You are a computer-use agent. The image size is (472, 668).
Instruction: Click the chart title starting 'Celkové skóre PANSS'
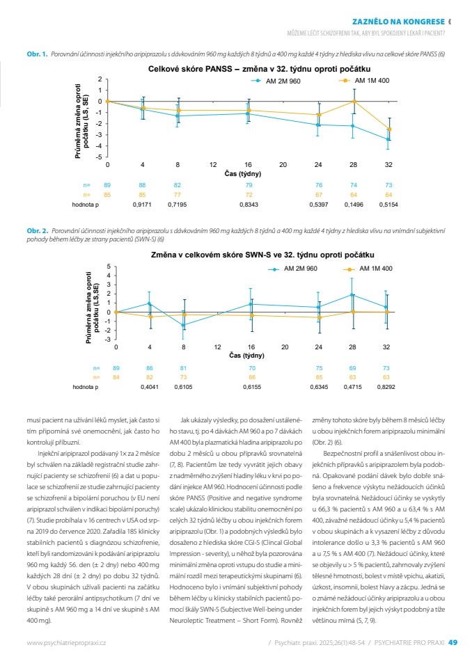[259, 69]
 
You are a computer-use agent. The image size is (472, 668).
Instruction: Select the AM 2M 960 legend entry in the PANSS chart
[276, 81]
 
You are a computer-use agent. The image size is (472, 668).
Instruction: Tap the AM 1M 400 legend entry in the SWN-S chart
[368, 269]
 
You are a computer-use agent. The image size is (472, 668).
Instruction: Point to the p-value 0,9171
[142, 205]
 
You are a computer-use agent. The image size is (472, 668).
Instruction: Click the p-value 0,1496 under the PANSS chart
[354, 205]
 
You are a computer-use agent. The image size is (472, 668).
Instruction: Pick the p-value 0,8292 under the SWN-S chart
[386, 387]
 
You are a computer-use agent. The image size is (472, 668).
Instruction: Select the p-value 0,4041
[150, 387]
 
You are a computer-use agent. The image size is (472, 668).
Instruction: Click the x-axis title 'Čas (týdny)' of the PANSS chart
[242, 174]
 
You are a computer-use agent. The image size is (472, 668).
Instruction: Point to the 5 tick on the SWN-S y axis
[109, 267]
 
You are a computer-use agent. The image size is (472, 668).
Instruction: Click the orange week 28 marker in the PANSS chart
[354, 102]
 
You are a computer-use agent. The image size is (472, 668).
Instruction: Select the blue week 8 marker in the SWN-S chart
[183, 325]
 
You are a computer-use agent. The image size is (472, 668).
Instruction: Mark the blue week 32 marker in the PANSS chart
[388, 139]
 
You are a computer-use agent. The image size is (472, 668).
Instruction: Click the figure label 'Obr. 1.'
[37, 54]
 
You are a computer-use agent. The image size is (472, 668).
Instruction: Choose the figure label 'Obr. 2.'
[38, 231]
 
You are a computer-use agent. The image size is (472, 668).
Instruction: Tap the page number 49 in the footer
[453, 642]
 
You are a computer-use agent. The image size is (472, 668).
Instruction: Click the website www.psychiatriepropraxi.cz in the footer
[66, 643]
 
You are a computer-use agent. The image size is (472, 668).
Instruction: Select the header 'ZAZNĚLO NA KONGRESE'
[399, 22]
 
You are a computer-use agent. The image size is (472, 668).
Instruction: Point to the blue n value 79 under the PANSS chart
[249, 185]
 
